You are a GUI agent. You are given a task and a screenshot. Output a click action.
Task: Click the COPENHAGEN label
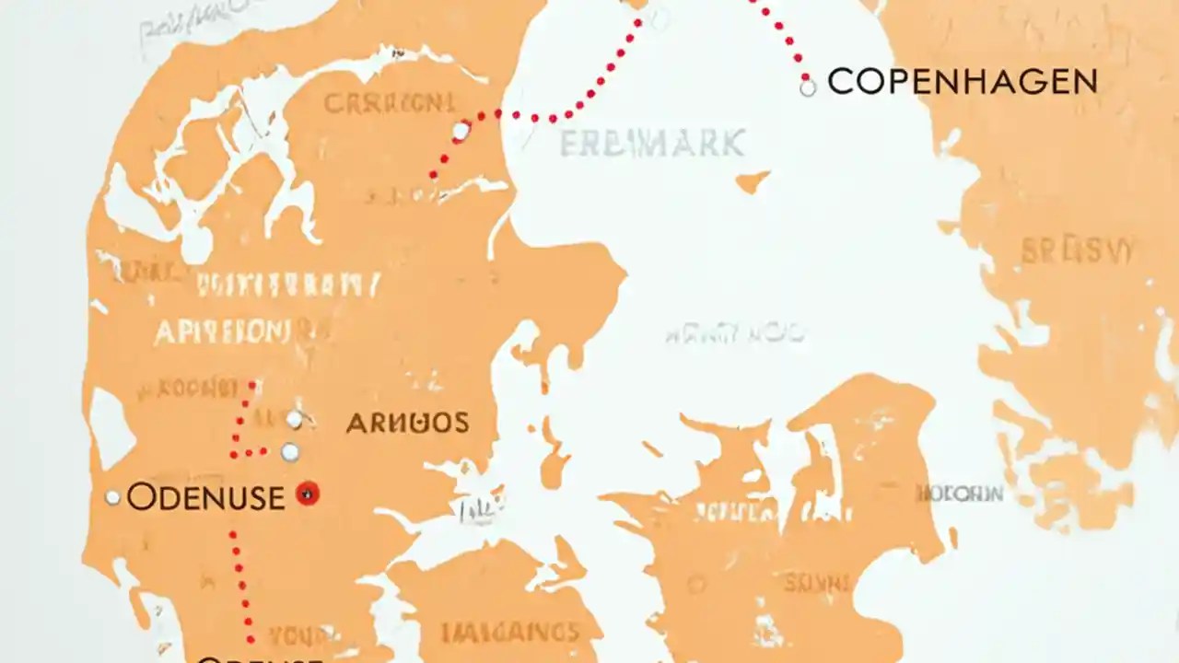pyautogui.click(x=962, y=82)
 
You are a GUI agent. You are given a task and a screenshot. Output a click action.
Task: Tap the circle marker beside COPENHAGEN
pyautogui.click(x=808, y=88)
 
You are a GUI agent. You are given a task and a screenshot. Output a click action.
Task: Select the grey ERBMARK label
pyautogui.click(x=652, y=143)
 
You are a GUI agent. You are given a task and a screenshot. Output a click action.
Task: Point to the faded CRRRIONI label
pyautogui.click(x=389, y=103)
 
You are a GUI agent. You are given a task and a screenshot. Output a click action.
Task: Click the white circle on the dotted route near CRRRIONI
pyautogui.click(x=461, y=132)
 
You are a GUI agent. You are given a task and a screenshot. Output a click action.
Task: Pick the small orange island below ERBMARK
pyautogui.click(x=753, y=181)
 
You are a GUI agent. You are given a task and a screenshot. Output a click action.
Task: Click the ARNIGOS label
pyautogui.click(x=407, y=423)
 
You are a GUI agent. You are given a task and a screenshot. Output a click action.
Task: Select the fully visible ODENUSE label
pyautogui.click(x=205, y=497)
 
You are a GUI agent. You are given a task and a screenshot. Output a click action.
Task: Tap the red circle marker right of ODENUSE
pyautogui.click(x=308, y=494)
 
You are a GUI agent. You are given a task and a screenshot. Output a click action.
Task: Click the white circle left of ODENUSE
pyautogui.click(x=112, y=497)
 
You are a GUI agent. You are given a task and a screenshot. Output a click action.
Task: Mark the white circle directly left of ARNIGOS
pyautogui.click(x=294, y=420)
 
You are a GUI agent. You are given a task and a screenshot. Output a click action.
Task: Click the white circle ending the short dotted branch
pyautogui.click(x=290, y=452)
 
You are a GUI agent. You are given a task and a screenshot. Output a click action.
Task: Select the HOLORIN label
pyautogui.click(x=960, y=494)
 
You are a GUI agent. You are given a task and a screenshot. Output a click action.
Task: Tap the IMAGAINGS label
pyautogui.click(x=510, y=633)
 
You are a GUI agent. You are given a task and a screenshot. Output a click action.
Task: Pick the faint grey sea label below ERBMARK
pyautogui.click(x=733, y=333)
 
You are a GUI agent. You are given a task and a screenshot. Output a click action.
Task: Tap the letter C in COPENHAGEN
pyautogui.click(x=840, y=82)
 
